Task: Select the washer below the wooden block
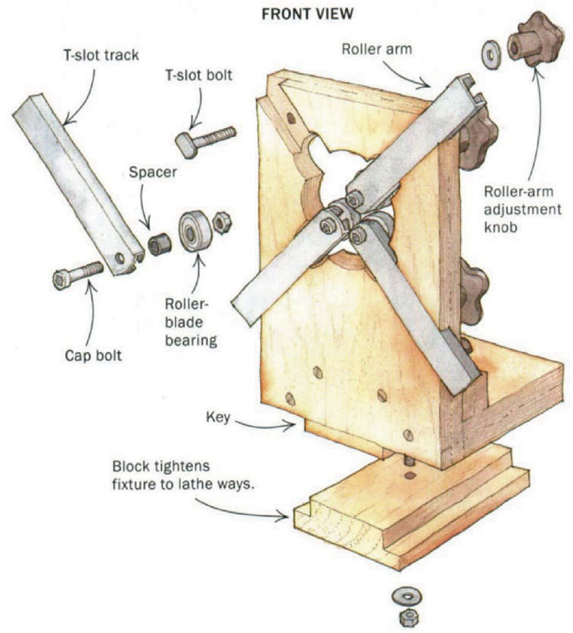[x=404, y=592]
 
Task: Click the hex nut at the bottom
[x=404, y=616]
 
